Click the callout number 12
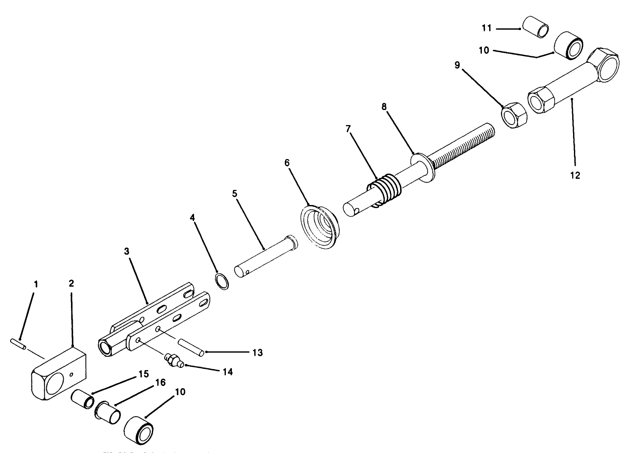575,175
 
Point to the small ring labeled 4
222,281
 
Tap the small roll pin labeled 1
18,343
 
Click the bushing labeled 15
83,398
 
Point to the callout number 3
126,251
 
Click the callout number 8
384,106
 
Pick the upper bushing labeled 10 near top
568,46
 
